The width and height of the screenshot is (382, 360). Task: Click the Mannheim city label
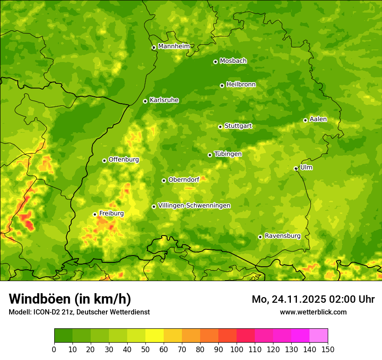[x=174, y=46]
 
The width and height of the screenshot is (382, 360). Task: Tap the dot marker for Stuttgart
[x=220, y=127]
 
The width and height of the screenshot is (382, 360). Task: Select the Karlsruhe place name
[x=164, y=100]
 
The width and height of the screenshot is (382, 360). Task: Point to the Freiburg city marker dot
[x=95, y=214]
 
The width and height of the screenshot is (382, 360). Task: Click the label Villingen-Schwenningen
[x=194, y=206]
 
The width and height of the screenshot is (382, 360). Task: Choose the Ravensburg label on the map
[x=282, y=236]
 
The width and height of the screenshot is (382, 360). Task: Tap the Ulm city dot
[x=296, y=168]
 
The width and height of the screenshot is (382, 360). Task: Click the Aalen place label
[x=318, y=119]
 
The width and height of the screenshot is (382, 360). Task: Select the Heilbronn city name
[x=241, y=85]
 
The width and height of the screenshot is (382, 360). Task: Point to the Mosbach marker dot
[x=215, y=62]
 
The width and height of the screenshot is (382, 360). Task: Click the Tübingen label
[x=228, y=154]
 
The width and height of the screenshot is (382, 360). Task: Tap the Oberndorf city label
[x=184, y=180]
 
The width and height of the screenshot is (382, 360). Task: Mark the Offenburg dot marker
[x=104, y=160]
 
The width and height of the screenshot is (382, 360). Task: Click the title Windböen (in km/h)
[x=70, y=299]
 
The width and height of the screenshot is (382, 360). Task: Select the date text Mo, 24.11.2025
[x=290, y=299]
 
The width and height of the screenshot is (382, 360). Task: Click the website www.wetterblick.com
[x=313, y=312]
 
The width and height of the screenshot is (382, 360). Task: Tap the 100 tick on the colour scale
[x=237, y=349]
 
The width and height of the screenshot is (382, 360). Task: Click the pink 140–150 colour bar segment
[x=319, y=336]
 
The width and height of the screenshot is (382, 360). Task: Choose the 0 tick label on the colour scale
[x=54, y=349]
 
